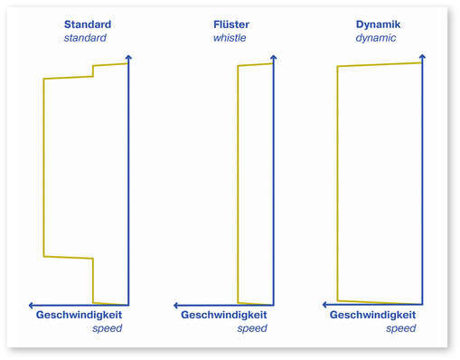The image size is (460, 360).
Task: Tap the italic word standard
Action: tap(85, 38)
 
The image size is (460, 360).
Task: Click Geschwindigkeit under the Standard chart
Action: tap(79, 315)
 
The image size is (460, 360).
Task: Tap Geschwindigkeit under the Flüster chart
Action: tap(224, 315)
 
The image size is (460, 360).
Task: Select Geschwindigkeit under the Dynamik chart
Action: tap(372, 315)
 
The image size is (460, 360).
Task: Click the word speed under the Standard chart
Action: tap(107, 328)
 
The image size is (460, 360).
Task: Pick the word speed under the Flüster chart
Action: tap(252, 328)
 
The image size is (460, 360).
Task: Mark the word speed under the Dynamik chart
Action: tap(400, 328)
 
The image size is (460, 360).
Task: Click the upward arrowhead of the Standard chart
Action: tap(128, 58)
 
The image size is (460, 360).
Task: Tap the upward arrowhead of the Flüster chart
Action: tap(273, 58)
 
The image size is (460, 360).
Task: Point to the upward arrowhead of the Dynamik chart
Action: tap(422, 58)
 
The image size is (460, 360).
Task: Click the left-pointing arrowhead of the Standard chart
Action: tap(33, 305)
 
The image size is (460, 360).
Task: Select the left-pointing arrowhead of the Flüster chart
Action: tap(177, 305)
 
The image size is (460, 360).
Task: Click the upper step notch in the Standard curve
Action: tap(93, 71)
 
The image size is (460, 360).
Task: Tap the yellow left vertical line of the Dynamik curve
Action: tap(337, 181)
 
